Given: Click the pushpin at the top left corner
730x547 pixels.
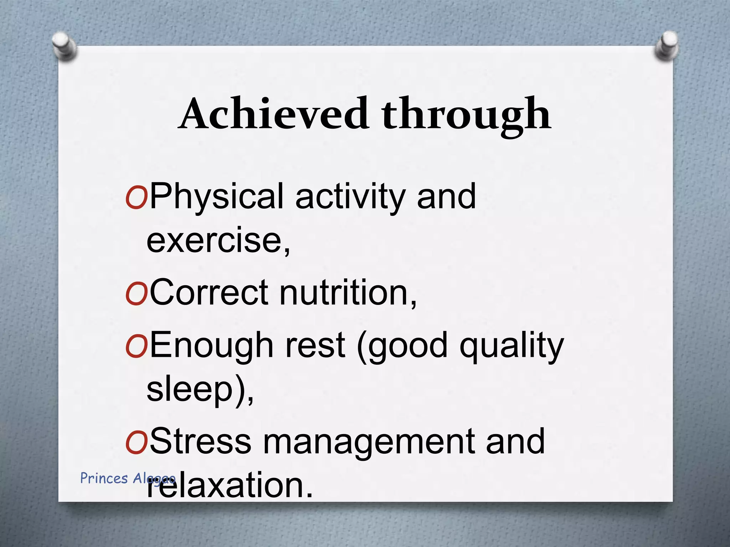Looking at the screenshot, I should coord(65,46).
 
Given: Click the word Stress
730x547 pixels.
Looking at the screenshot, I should coord(201,442).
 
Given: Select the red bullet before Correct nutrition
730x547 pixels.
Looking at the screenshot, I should coord(137,294).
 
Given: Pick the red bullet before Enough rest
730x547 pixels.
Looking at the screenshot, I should coord(137,347).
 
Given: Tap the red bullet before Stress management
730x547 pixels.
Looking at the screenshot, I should coord(137,443).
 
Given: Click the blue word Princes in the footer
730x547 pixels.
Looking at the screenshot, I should coord(104,478).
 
